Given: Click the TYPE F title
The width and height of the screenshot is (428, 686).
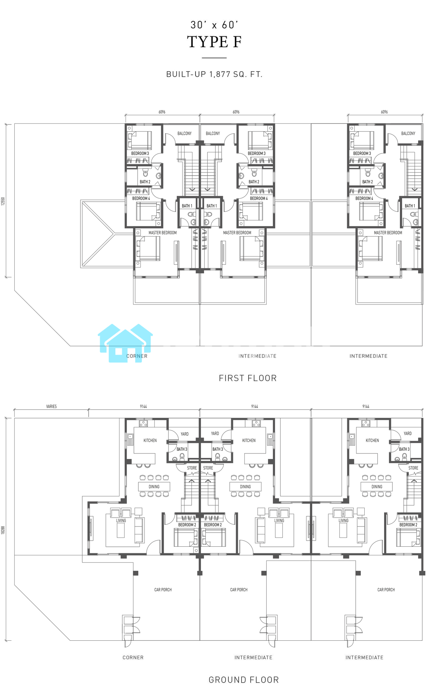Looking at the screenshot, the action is click(x=214, y=42).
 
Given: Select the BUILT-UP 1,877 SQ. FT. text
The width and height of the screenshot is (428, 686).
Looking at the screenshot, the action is click(x=214, y=74).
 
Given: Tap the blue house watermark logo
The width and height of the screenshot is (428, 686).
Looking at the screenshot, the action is click(x=125, y=343).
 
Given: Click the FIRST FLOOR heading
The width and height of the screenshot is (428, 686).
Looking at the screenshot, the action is click(x=248, y=378).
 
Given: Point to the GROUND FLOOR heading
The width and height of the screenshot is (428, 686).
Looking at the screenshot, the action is click(x=244, y=679).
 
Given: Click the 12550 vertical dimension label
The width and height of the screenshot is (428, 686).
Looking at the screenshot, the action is click(x=3, y=201).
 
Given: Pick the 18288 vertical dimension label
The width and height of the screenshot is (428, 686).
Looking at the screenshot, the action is click(x=3, y=530).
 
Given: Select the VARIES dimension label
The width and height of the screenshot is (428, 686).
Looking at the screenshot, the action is click(x=51, y=406).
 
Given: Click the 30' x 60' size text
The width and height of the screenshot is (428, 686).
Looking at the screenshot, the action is click(x=214, y=25).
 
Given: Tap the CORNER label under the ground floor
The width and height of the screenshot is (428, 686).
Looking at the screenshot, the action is click(x=133, y=658).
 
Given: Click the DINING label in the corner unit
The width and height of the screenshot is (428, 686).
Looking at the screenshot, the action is click(x=154, y=487).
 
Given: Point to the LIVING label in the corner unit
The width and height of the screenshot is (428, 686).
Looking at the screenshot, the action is click(x=121, y=520).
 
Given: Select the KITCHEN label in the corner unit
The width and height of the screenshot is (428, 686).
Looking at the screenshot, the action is click(x=150, y=440).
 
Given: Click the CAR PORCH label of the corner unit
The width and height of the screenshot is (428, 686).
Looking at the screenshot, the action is click(x=163, y=590).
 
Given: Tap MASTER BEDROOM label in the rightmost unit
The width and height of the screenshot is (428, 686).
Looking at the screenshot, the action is click(x=388, y=233).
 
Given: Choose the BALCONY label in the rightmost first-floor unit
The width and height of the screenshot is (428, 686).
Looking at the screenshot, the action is click(x=408, y=133).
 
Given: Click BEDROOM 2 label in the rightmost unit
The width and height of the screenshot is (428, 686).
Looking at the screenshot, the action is click(x=408, y=525).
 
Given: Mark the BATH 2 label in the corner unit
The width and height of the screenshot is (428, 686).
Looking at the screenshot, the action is click(x=145, y=182).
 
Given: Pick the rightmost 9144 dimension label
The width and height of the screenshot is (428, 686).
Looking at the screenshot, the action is click(x=366, y=406).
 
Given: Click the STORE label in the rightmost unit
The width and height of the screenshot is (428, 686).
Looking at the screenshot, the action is click(x=413, y=468).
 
